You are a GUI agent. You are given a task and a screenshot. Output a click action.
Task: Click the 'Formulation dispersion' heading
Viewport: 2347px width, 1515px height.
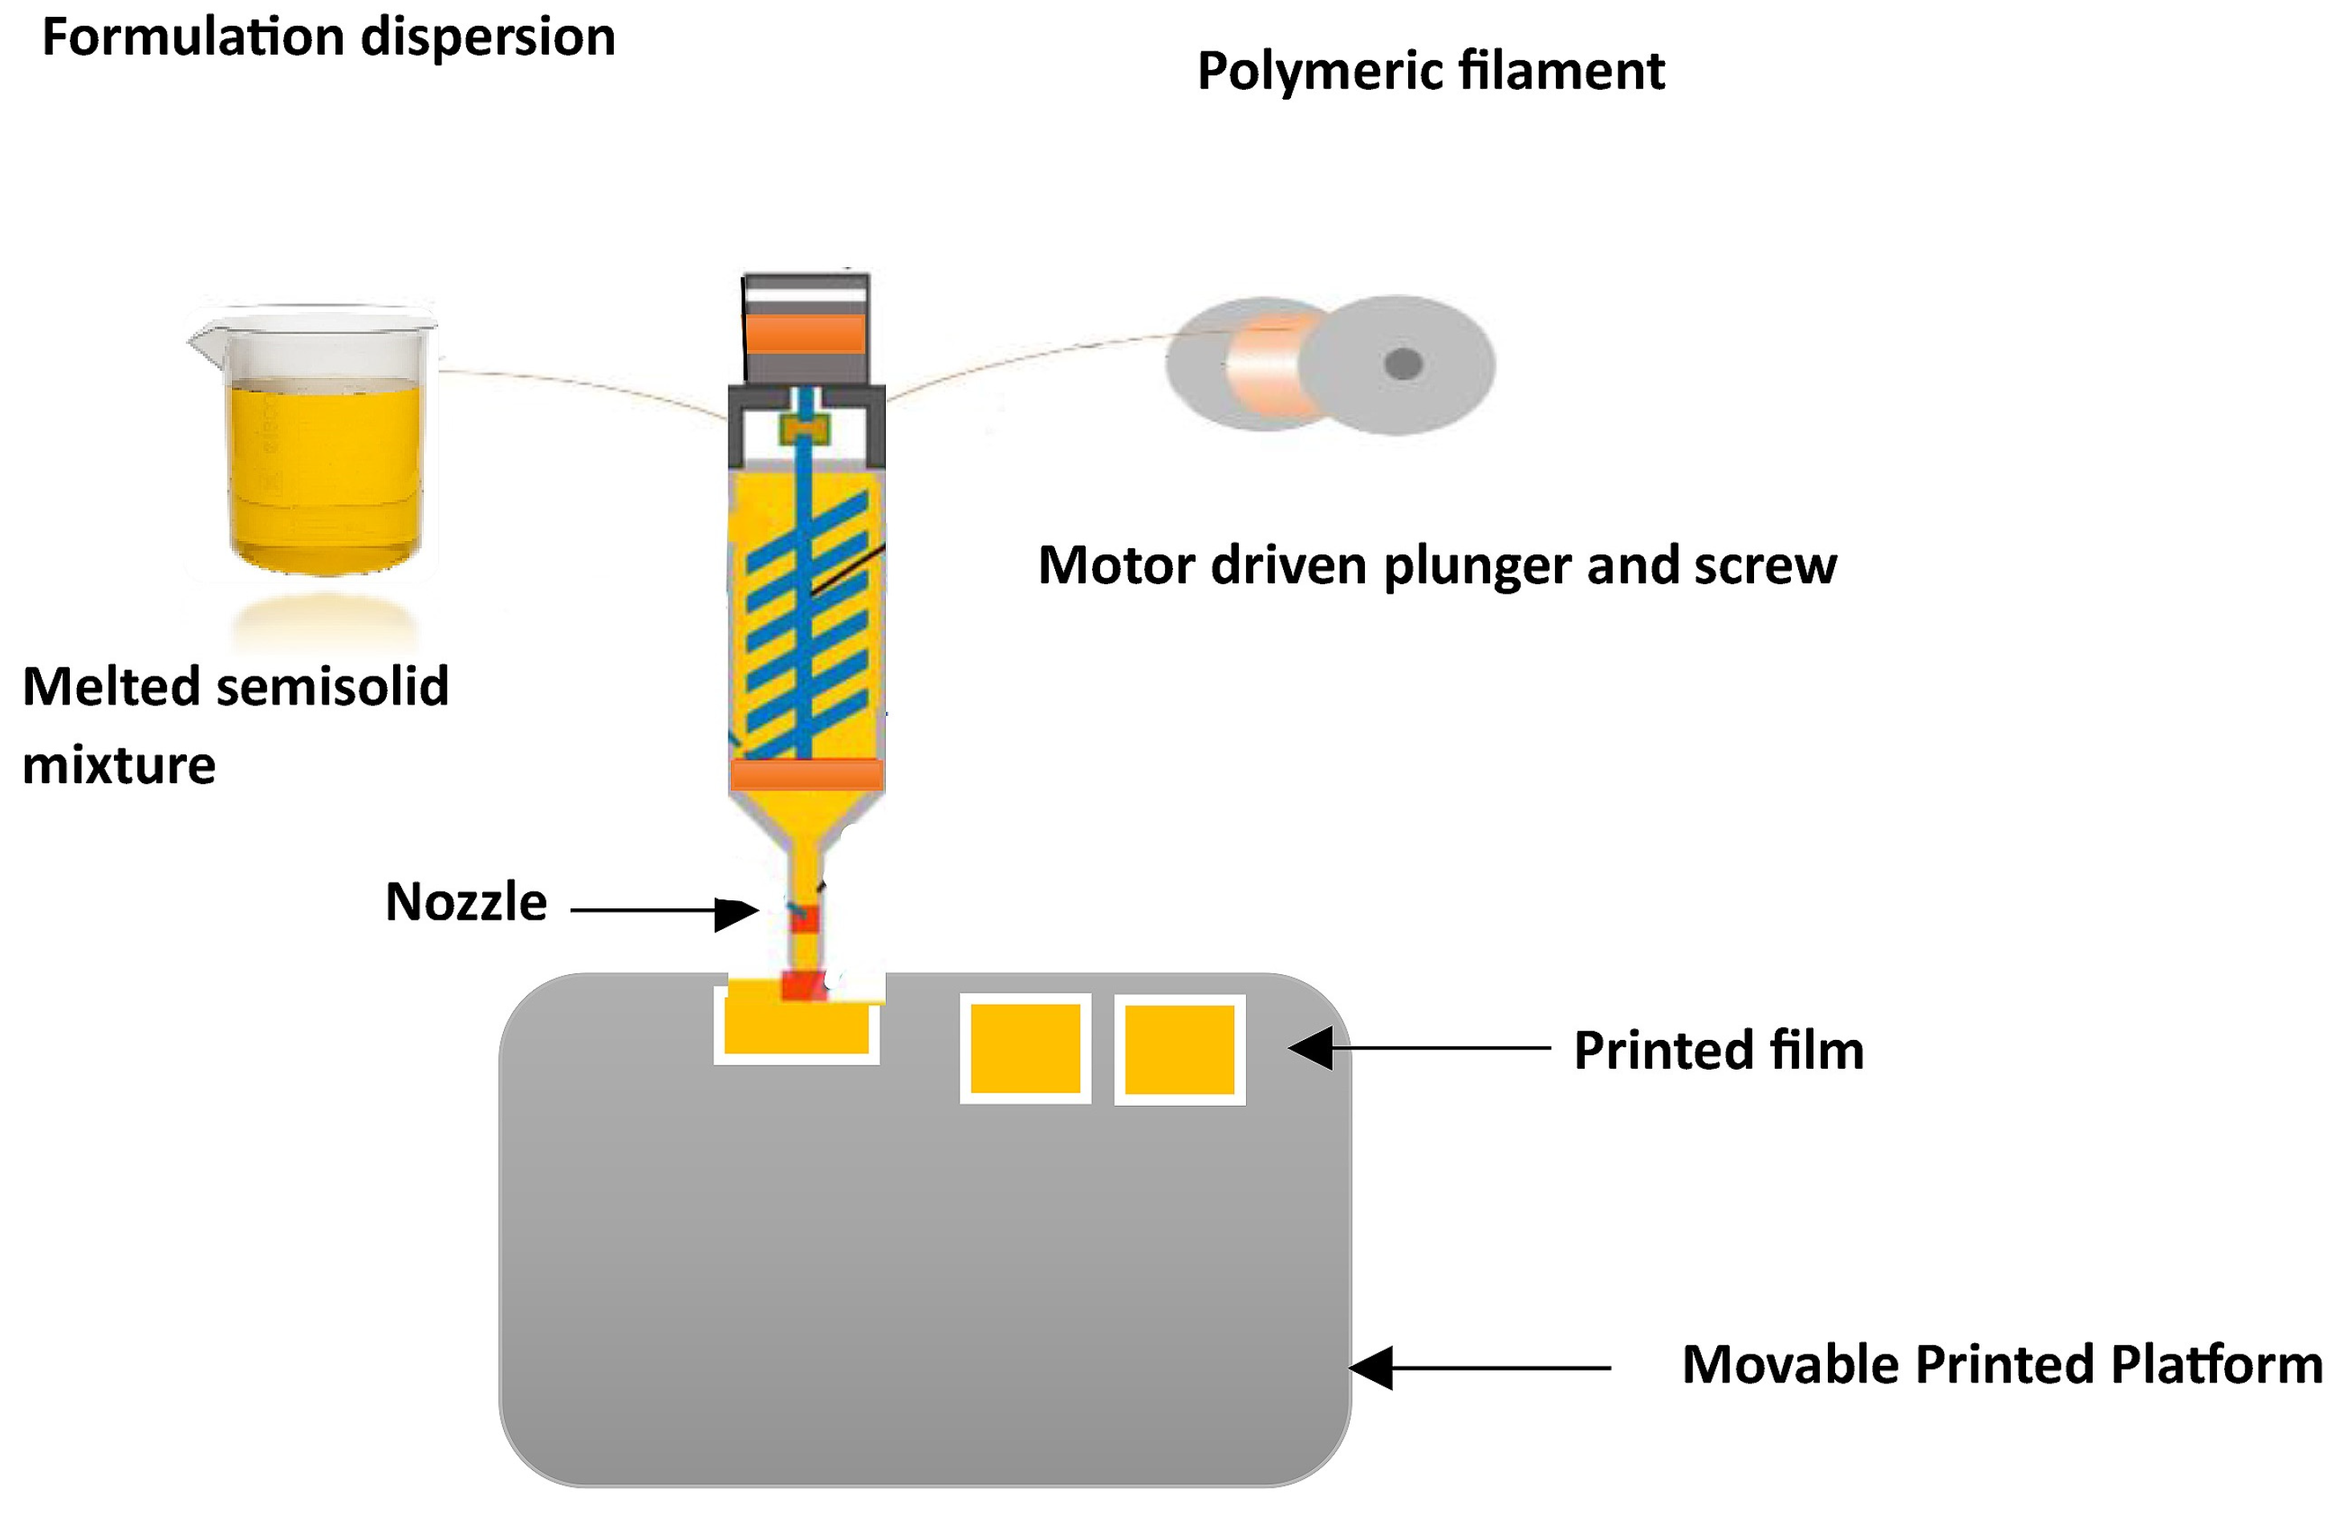click(328, 38)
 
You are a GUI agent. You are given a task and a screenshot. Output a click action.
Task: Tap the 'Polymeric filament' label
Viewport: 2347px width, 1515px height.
click(1429, 71)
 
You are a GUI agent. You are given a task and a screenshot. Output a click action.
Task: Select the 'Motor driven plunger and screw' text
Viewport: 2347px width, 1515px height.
click(1436, 565)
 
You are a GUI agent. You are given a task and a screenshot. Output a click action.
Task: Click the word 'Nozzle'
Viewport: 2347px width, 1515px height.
click(465, 901)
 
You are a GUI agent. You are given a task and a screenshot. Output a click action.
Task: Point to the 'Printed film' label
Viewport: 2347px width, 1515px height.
click(1717, 1050)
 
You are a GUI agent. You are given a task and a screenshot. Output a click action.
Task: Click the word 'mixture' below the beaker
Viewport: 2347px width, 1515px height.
click(118, 765)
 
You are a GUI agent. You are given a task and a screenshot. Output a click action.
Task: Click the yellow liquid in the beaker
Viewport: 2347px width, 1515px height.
click(325, 472)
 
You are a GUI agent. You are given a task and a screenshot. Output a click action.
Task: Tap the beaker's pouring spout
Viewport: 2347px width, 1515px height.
click(201, 339)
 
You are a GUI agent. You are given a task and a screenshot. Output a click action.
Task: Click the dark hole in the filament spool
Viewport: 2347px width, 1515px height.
click(1403, 364)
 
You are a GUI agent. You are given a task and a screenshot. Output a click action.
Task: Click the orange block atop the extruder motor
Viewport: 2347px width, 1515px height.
click(805, 332)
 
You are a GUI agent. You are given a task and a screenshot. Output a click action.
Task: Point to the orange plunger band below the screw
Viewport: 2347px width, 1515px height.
click(806, 774)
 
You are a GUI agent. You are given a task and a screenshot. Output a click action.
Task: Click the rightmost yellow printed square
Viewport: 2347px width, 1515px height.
click(1179, 1050)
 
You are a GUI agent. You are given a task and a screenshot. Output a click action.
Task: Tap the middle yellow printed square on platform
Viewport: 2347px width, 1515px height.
click(1025, 1049)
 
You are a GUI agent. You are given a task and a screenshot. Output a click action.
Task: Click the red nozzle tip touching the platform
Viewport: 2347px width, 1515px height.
click(802, 984)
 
